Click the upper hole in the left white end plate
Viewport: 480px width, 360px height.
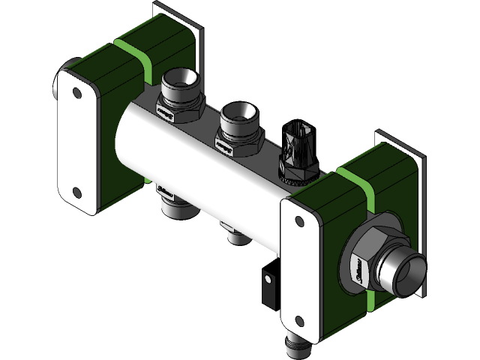(x=76, y=94)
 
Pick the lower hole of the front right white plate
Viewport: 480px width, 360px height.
(x=300, y=321)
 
